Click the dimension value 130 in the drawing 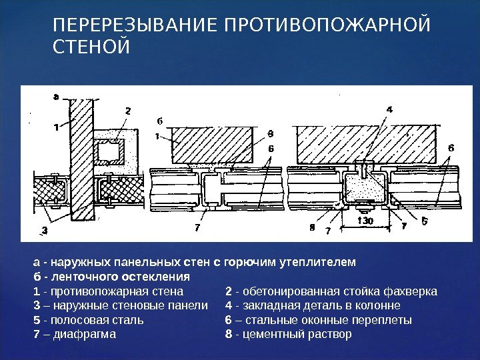pyautogui.click(x=365, y=220)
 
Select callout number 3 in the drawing pyautogui.click(x=45, y=231)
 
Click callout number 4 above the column pyautogui.click(x=389, y=109)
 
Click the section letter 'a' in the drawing pyautogui.click(x=55, y=97)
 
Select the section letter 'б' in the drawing pyautogui.click(x=160, y=121)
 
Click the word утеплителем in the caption pyautogui.click(x=325, y=262)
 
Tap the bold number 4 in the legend pyautogui.click(x=229, y=306)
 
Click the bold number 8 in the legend pyautogui.click(x=229, y=334)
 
